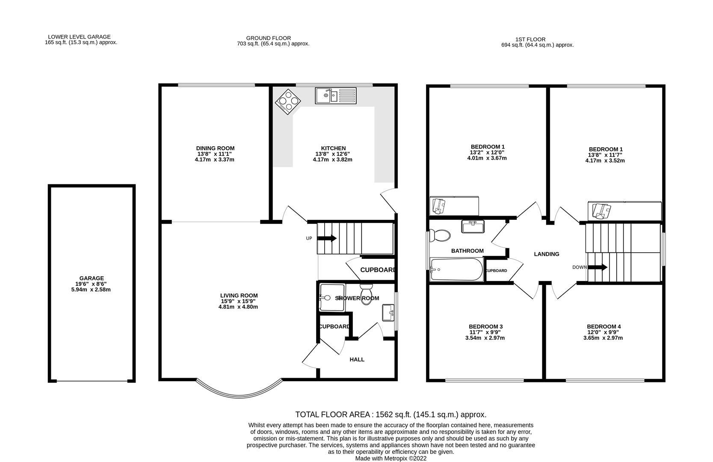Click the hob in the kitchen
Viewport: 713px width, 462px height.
pyautogui.click(x=288, y=102)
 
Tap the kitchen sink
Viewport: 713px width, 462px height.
pyautogui.click(x=335, y=95)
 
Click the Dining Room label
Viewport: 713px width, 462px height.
pyautogui.click(x=215, y=148)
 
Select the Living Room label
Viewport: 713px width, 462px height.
pyautogui.click(x=239, y=296)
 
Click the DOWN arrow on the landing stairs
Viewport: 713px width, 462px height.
pyautogui.click(x=598, y=267)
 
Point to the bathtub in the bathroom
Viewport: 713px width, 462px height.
pyautogui.click(x=456, y=269)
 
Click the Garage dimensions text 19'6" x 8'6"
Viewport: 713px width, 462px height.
pyautogui.click(x=91, y=284)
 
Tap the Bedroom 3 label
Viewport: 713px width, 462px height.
pyautogui.click(x=485, y=326)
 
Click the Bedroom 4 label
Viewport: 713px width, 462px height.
pyautogui.click(x=604, y=326)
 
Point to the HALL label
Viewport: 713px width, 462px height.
pyautogui.click(x=357, y=359)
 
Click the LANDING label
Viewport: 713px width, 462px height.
pyautogui.click(x=546, y=254)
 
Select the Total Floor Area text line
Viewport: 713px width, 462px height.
pyautogui.click(x=391, y=415)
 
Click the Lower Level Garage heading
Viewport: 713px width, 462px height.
pyautogui.click(x=79, y=37)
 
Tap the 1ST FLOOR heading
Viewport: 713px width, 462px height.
pyautogui.click(x=531, y=39)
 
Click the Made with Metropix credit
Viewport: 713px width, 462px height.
pyautogui.click(x=391, y=458)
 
